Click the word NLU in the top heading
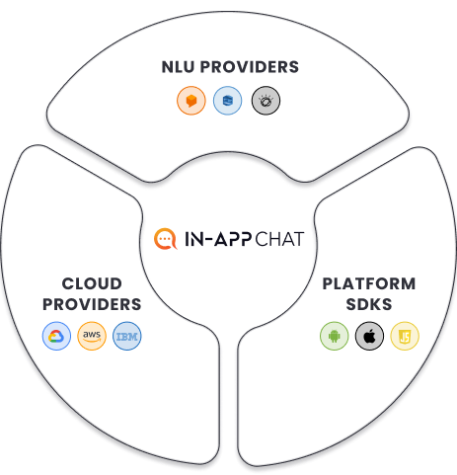[178, 67]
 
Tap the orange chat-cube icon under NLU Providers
[191, 101]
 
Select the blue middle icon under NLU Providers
[227, 101]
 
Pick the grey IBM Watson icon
[266, 101]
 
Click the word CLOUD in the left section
[92, 283]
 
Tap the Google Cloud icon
[56, 336]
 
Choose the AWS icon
[92, 336]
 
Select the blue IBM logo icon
[127, 336]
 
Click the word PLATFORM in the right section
[369, 283]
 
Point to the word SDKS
[369, 304]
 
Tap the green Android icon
[335, 336]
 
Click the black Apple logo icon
[369, 336]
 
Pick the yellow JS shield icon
[405, 336]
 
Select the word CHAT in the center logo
[279, 239]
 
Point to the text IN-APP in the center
[218, 239]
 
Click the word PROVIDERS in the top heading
[250, 67]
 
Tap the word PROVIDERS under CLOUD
[92, 304]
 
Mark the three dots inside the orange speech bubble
[165, 239]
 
